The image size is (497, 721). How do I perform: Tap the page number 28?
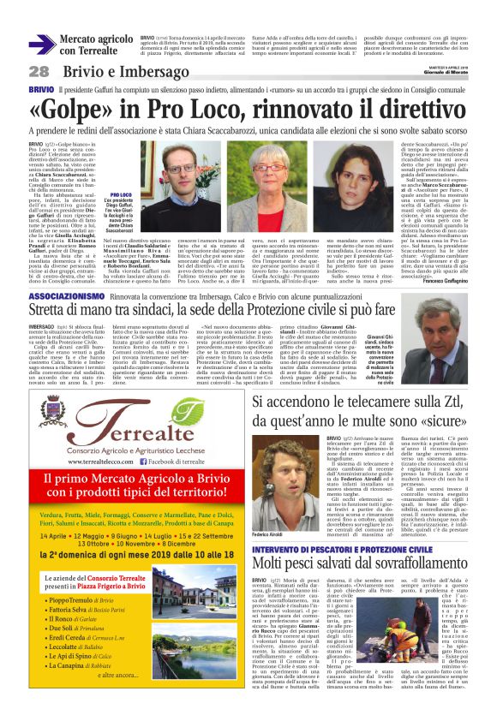(x=39, y=71)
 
